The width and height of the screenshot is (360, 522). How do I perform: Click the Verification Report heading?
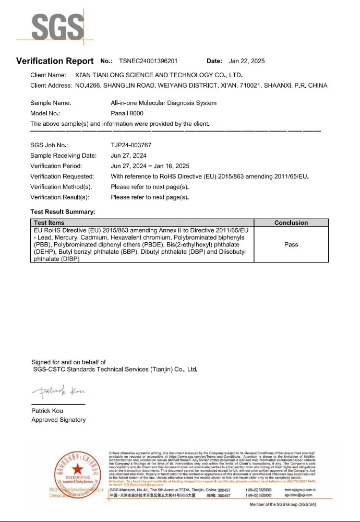pyautogui.click(x=55, y=61)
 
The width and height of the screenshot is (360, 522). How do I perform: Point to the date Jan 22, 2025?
pyautogui.click(x=247, y=61)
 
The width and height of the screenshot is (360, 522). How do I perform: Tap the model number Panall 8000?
pyautogui.click(x=127, y=113)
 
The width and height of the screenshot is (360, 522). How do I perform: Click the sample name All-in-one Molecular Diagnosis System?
pyautogui.click(x=163, y=103)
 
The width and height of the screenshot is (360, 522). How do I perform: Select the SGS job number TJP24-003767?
pyautogui.click(x=131, y=145)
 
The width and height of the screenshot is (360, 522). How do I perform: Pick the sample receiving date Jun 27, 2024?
pyautogui.click(x=128, y=156)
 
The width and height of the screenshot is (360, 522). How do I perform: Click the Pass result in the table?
pyautogui.click(x=291, y=244)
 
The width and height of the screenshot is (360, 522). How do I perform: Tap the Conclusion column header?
pyautogui.click(x=291, y=223)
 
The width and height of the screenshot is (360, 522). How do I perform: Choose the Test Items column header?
pyautogui.click(x=49, y=223)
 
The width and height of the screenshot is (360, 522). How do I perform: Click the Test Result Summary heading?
pyautogui.click(x=63, y=212)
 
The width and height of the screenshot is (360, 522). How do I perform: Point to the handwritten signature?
pyautogui.click(x=57, y=391)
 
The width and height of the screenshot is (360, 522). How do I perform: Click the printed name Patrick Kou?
pyautogui.click(x=47, y=411)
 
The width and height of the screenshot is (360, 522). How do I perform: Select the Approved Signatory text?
pyautogui.click(x=58, y=420)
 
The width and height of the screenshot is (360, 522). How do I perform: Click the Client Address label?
pyautogui.click(x=51, y=85)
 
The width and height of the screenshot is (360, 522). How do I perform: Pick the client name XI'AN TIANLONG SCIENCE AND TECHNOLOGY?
pyautogui.click(x=159, y=75)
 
